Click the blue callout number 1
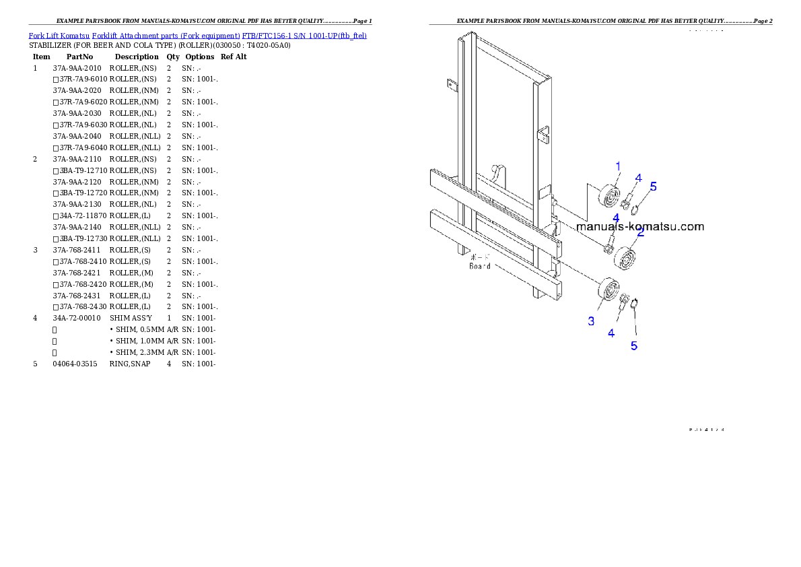(x=618, y=165)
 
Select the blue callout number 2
(x=640, y=232)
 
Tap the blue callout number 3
(x=591, y=321)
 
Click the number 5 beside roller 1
(x=653, y=187)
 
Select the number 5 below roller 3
(x=633, y=345)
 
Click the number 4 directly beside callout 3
(x=611, y=333)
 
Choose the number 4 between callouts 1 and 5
(x=638, y=178)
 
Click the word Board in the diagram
(x=479, y=266)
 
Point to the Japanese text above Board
(x=479, y=257)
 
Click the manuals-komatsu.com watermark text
(x=640, y=226)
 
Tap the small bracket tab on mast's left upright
(x=451, y=85)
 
